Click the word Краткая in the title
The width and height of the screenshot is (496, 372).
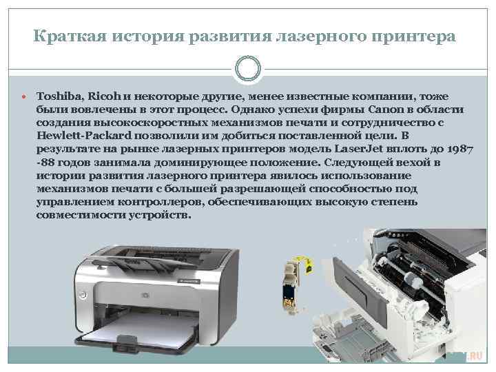70,36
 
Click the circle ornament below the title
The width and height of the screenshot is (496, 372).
248,69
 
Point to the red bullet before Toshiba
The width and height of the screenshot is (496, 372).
24,96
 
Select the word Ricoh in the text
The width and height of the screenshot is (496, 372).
104,96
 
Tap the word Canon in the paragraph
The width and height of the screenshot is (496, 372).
391,110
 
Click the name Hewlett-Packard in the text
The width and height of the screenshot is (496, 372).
84,136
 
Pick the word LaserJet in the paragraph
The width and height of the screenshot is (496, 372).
358,149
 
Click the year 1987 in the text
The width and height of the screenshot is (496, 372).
461,149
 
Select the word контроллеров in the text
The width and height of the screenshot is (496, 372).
161,202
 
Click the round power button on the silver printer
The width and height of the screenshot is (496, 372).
83,295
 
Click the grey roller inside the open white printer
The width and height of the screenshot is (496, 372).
411,278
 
